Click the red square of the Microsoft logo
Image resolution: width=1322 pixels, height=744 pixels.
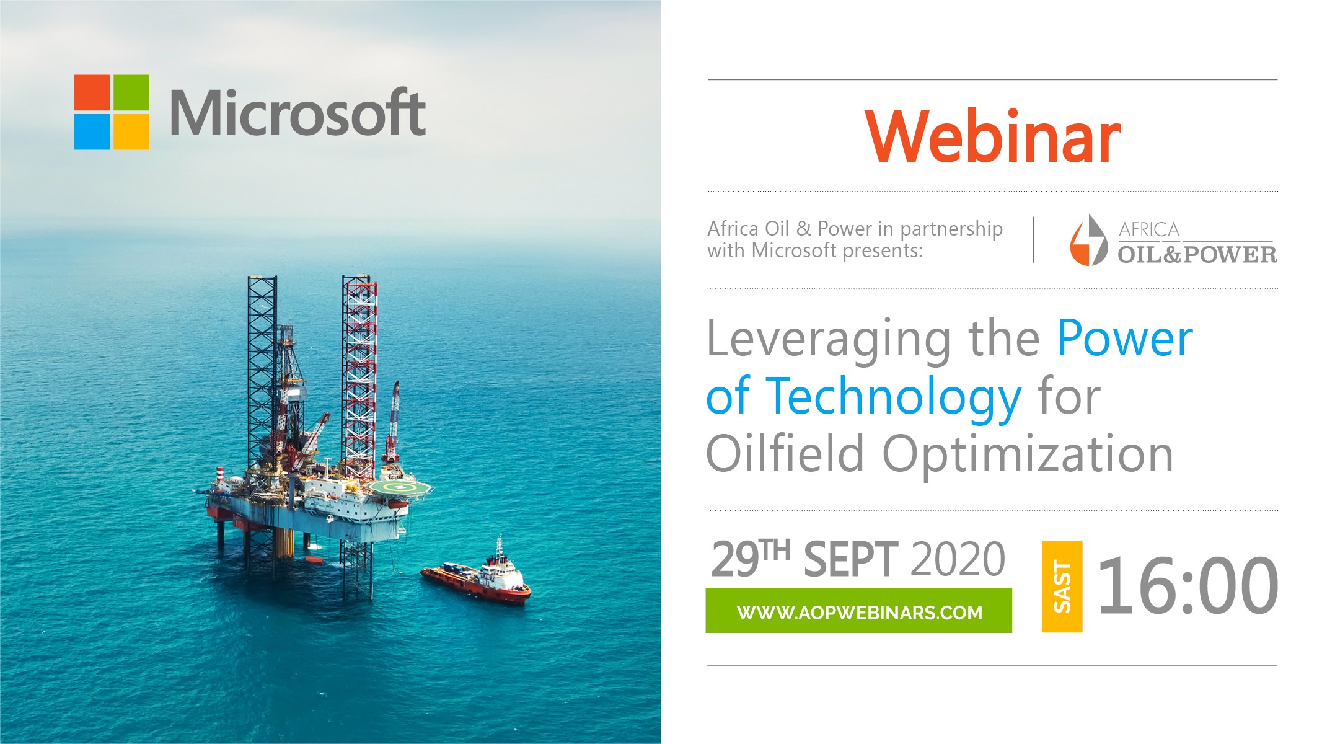92,92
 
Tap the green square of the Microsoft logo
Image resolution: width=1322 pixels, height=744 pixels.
131,92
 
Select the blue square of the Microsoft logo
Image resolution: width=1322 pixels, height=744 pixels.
92,131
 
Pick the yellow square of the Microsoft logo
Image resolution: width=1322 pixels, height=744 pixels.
131,131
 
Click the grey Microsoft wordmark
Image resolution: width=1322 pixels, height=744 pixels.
298,112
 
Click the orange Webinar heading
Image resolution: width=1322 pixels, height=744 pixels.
993,137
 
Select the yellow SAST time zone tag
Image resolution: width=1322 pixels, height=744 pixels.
1062,587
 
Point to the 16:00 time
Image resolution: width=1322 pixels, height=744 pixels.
1188,585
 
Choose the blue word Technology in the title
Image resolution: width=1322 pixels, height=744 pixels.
894,399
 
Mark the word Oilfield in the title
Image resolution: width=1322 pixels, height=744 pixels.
785,453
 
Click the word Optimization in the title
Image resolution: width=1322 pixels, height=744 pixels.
1028,456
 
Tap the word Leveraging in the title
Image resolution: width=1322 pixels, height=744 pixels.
829,340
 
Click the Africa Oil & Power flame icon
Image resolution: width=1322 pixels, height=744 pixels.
1088,240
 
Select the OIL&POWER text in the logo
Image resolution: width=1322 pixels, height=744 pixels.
1197,254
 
